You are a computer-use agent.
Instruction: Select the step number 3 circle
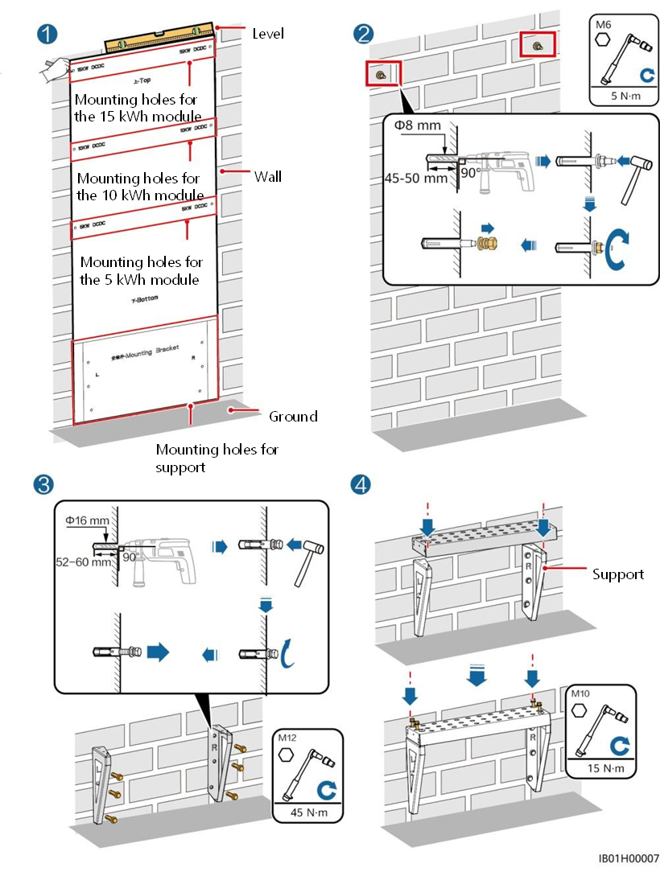43,483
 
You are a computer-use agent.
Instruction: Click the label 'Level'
268,34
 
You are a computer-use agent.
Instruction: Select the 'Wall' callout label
268,176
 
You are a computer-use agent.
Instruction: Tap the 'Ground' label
293,416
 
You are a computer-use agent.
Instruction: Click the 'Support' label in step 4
618,574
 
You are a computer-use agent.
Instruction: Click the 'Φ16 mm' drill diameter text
87,520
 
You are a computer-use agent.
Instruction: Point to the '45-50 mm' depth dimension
421,178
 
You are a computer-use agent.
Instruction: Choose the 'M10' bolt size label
580,692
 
